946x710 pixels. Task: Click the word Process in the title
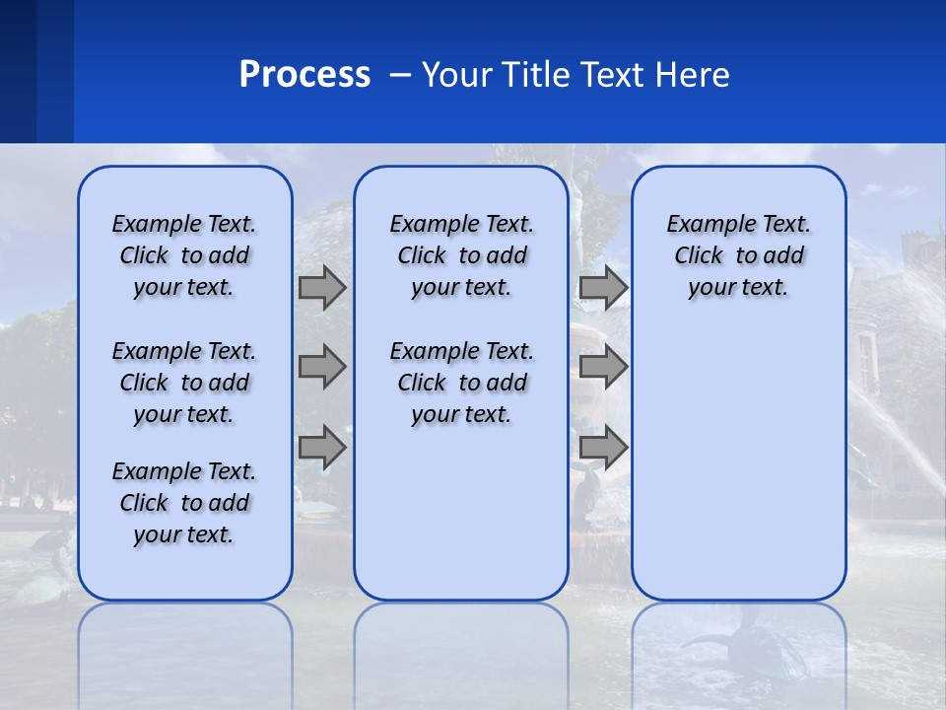pos(304,75)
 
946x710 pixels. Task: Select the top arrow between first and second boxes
pos(322,287)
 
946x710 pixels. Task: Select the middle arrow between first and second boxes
pos(322,367)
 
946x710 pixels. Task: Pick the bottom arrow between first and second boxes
pos(322,448)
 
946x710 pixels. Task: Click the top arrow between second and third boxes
pos(603,287)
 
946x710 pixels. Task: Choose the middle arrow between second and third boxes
pos(603,367)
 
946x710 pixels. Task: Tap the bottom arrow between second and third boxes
pos(603,448)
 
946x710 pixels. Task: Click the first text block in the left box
pos(184,255)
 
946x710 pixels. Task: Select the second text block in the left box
pos(184,383)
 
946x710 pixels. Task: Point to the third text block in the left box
pos(184,503)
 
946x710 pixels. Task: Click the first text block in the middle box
pos(461,255)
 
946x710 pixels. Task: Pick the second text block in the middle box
pos(461,383)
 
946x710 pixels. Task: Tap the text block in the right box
pos(738,255)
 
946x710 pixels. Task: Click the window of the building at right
pos(866,362)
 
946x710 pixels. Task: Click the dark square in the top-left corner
pos(18,71)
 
